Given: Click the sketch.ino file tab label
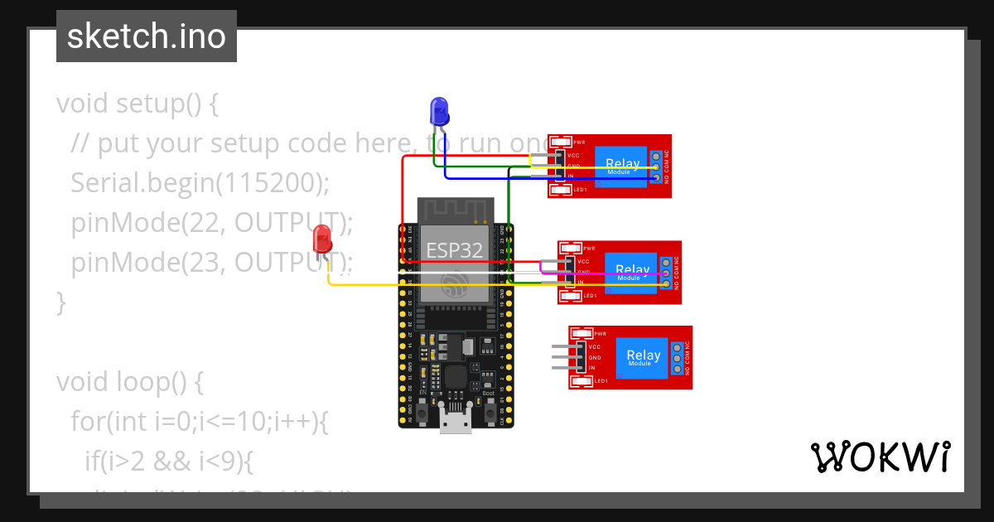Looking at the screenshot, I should click(146, 36).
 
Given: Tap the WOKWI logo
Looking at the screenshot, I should click(880, 457).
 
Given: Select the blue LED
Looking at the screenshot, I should click(438, 110).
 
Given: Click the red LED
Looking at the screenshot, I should click(322, 240).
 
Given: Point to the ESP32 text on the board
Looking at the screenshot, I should click(454, 250).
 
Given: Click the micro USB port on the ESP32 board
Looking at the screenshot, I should click(455, 422).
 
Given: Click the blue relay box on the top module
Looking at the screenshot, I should click(622, 166).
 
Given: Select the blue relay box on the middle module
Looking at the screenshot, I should click(633, 272).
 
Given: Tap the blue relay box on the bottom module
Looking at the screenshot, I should click(644, 357).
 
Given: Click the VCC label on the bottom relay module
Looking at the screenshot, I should click(594, 346).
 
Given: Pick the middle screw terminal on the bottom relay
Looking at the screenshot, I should click(677, 358).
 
